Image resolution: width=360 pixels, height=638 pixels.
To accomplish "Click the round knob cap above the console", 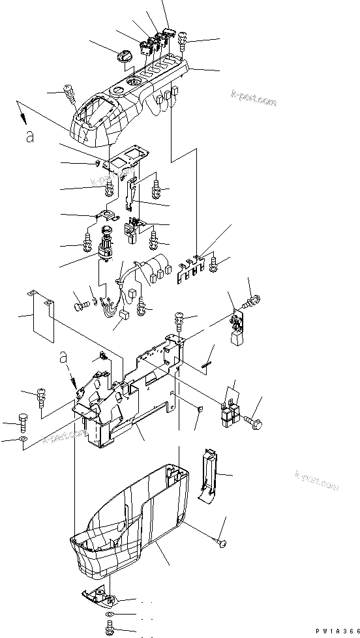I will (x=123, y=57).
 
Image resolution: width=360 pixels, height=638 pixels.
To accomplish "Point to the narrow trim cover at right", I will (x=209, y=473).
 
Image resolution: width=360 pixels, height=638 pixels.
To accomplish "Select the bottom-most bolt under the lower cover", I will (x=110, y=627).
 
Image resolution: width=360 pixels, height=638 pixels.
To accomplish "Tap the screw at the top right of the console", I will (x=181, y=39).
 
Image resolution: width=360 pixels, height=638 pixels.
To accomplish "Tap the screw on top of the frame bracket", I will (x=180, y=319).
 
